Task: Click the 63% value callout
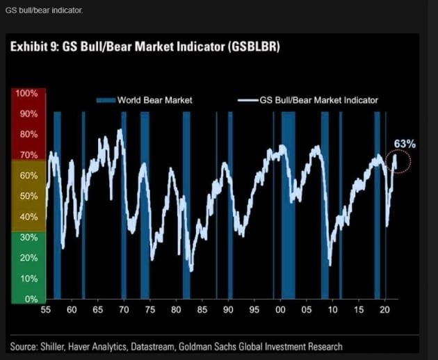point(405,144)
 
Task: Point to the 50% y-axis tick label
point(28,196)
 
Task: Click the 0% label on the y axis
point(29,299)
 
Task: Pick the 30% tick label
point(28,237)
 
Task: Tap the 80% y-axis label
point(28,134)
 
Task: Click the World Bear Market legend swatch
point(106,100)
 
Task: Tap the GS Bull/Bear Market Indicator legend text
point(319,100)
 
